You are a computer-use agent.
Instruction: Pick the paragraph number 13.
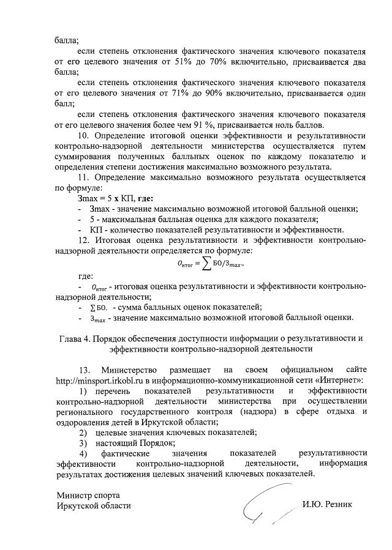(x=85, y=370)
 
